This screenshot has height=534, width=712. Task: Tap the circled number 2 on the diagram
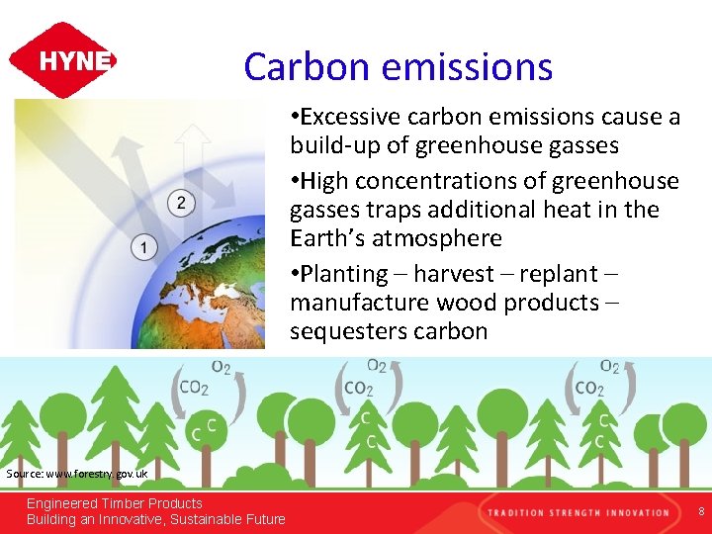pyautogui.click(x=180, y=204)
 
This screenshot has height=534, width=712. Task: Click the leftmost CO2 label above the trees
pyautogui.click(x=194, y=388)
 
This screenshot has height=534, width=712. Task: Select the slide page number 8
pyautogui.click(x=700, y=511)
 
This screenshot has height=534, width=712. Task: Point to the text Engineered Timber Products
pyautogui.click(x=114, y=503)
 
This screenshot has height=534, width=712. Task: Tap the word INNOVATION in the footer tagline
pyautogui.click(x=637, y=512)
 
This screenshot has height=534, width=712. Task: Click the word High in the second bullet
pyautogui.click(x=317, y=181)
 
